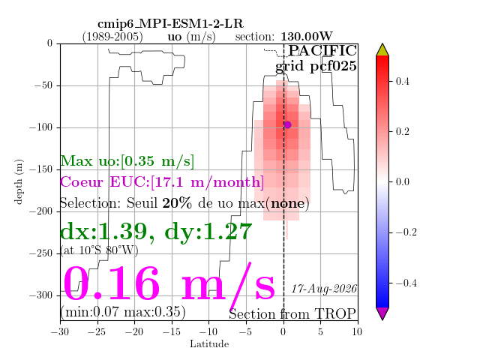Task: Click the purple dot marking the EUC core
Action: (x=287, y=124)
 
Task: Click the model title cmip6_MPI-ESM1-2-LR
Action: (x=170, y=24)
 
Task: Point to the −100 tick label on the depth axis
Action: (x=41, y=127)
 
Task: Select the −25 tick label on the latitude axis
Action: (x=97, y=331)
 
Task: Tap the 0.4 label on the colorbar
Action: (x=402, y=82)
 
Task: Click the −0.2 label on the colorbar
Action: (x=406, y=232)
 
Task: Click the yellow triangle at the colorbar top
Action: (x=382, y=50)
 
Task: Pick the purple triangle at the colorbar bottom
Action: (x=382, y=313)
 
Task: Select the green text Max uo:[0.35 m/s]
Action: (x=127, y=161)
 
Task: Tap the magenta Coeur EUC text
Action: (x=162, y=182)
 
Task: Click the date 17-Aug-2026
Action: (x=324, y=289)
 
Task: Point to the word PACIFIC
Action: (x=322, y=51)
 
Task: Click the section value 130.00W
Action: (x=307, y=37)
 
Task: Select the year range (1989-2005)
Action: (x=112, y=37)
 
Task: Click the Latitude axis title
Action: (x=209, y=344)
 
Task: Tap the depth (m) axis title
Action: (x=19, y=181)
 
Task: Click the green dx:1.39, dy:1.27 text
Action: (x=156, y=232)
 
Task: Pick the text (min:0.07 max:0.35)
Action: (x=123, y=312)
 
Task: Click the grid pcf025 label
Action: (x=316, y=67)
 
